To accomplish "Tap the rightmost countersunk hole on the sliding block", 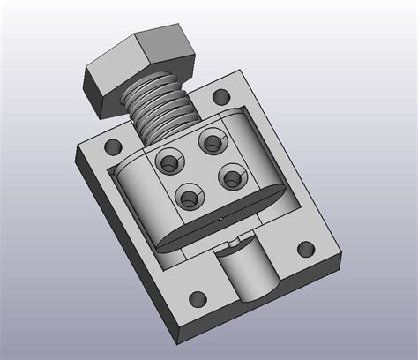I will pos(230,176).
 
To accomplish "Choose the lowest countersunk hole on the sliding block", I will pos(188,199).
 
